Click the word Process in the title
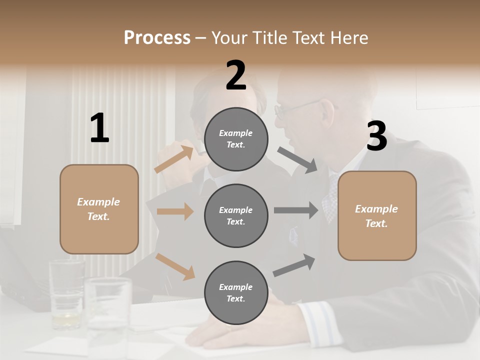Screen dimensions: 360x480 [157, 38]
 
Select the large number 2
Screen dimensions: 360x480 [236, 75]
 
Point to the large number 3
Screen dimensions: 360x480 [376, 137]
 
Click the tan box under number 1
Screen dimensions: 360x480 [99, 209]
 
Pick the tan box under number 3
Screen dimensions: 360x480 [377, 216]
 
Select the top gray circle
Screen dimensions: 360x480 [236, 139]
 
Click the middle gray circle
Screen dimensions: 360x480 [236, 216]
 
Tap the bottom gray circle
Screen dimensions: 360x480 [236, 293]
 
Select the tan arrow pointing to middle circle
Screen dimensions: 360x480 [175, 211]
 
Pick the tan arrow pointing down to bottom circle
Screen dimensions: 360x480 [175, 266]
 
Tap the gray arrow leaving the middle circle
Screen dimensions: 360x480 [296, 210]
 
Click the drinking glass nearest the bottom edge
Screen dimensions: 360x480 [107, 315]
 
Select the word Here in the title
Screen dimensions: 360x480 [349, 38]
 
